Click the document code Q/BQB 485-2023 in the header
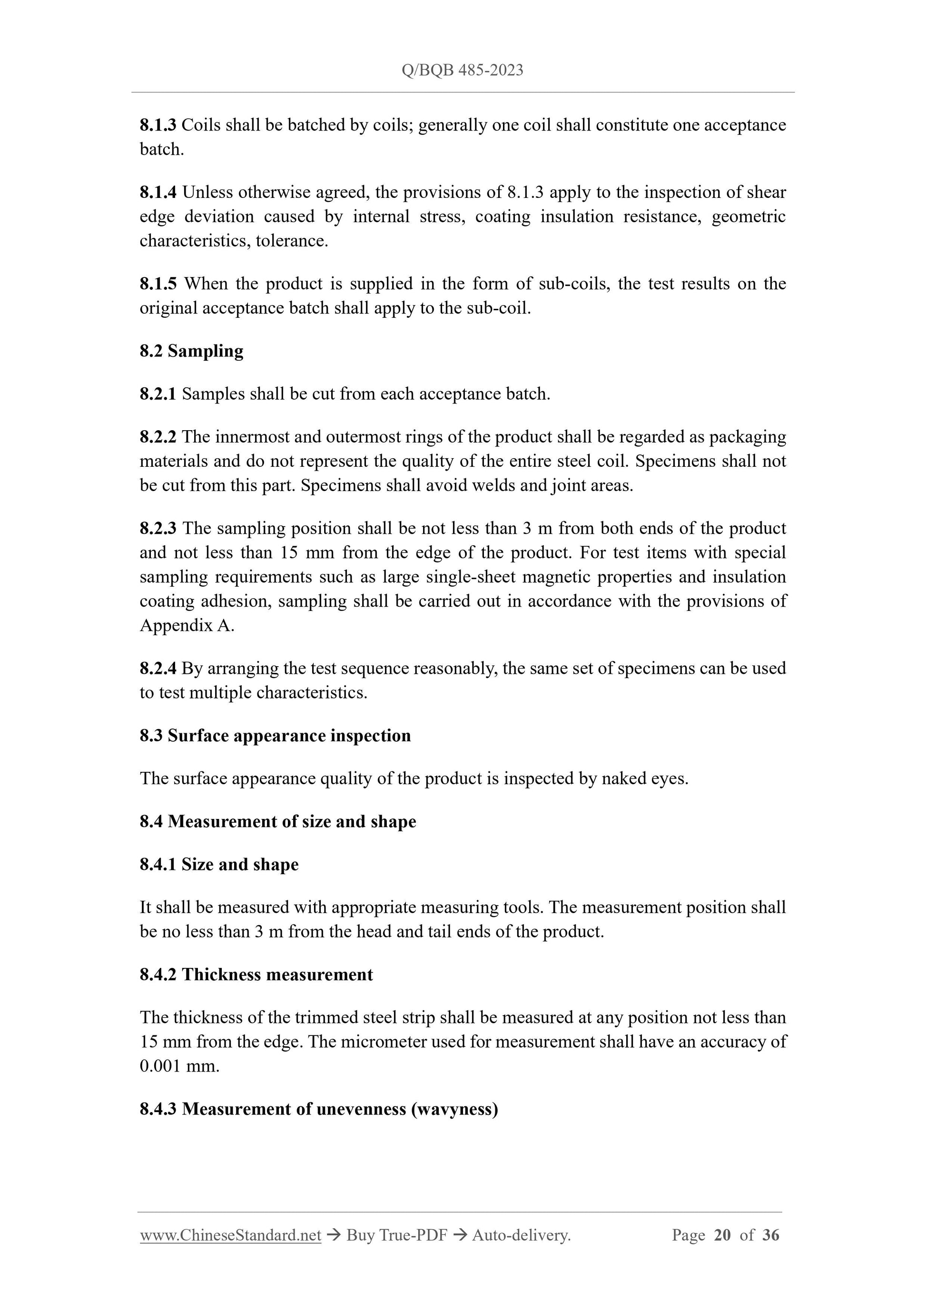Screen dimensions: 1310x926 coord(462,70)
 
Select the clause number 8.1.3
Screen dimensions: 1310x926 coord(158,125)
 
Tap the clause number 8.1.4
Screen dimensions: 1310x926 coord(158,192)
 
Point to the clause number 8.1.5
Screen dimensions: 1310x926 coord(158,284)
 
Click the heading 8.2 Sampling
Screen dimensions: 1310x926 coord(191,351)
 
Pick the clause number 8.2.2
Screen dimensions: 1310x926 coord(158,437)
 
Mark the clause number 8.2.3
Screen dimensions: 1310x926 coord(158,528)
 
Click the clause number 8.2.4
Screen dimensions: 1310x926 coord(158,668)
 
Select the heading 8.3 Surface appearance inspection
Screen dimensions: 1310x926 coord(275,736)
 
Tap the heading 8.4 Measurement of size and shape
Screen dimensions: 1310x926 coord(278,822)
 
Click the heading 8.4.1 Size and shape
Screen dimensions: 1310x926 coord(219,865)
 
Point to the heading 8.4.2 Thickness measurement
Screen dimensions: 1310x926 coord(256,975)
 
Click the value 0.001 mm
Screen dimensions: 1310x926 coord(179,1066)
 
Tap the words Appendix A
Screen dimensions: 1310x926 coord(187,626)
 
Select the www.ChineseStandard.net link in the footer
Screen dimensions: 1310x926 coord(230,1235)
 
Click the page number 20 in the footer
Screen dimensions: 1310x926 coord(722,1235)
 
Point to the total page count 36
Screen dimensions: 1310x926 coord(770,1235)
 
